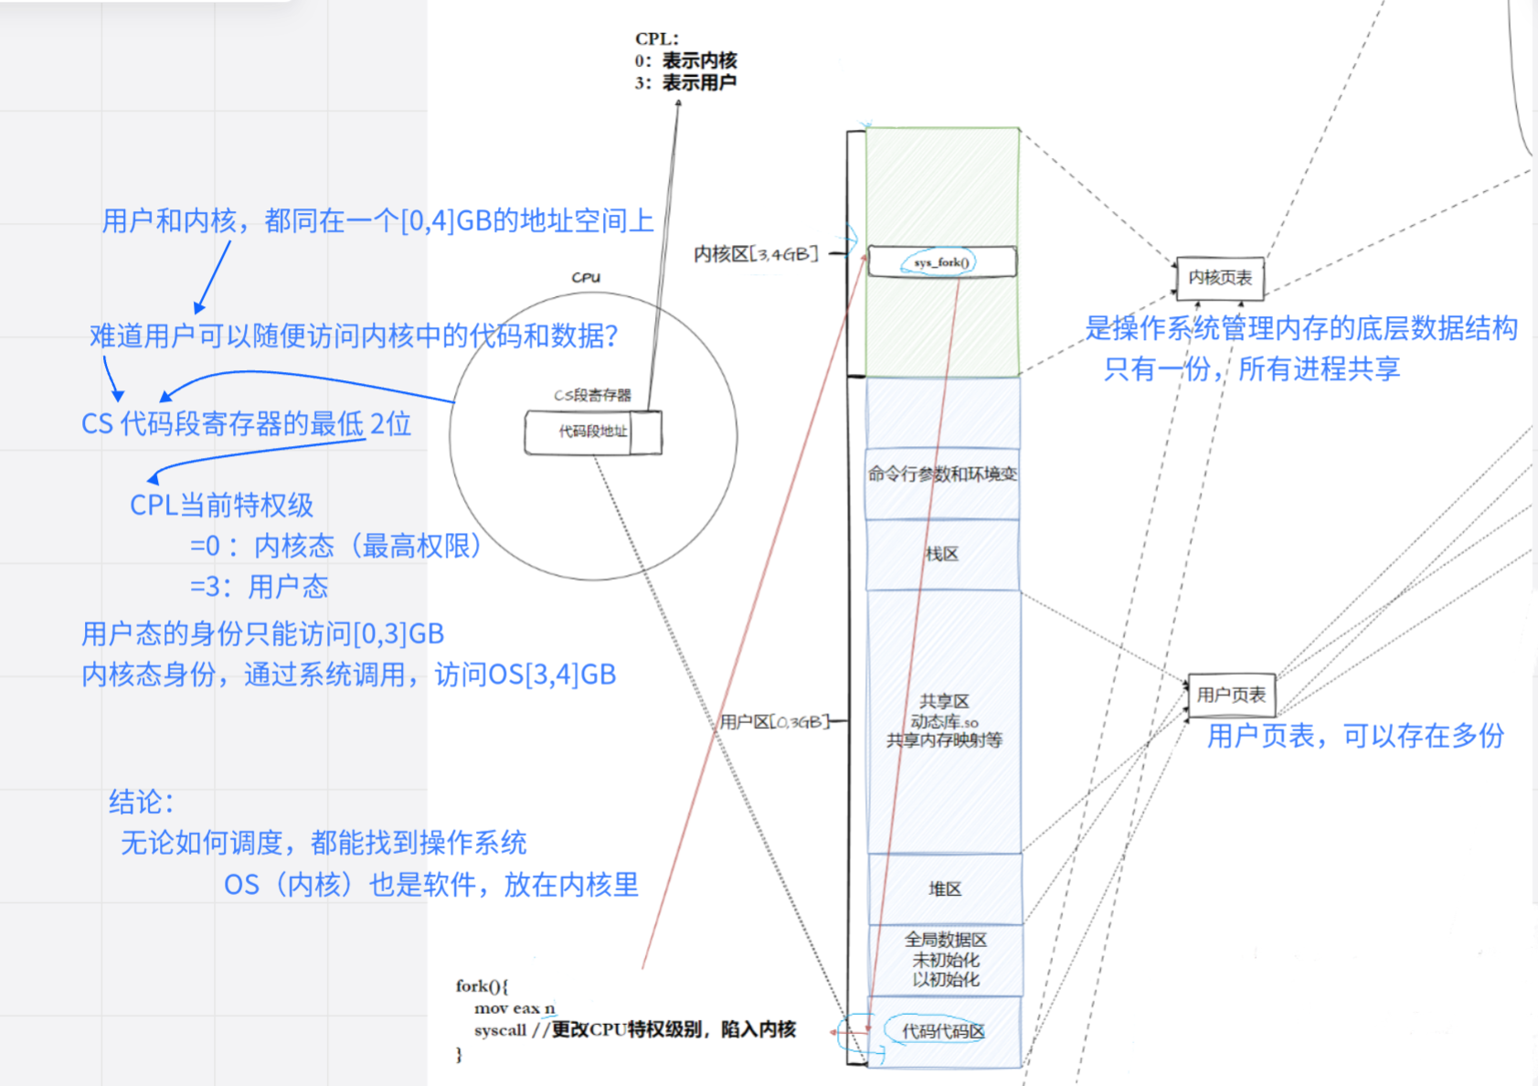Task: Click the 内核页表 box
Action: click(1220, 278)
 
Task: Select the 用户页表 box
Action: click(1231, 696)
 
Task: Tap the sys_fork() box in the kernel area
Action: click(941, 262)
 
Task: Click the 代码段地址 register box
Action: click(592, 431)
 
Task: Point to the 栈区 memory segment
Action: click(942, 554)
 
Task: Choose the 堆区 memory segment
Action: click(944, 889)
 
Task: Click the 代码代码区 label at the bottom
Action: click(943, 1031)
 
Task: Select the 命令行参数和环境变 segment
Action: click(942, 474)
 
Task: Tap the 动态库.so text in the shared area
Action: click(944, 721)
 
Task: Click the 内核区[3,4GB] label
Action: click(756, 253)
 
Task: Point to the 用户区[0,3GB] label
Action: click(774, 722)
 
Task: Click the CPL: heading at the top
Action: click(657, 39)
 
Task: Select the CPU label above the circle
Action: click(586, 277)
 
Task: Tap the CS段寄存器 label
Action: click(592, 395)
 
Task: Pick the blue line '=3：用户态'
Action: click(259, 587)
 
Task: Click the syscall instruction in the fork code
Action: click(500, 1030)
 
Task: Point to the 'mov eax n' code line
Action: click(514, 1008)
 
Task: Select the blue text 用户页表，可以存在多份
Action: click(1355, 736)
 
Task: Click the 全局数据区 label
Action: click(945, 940)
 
